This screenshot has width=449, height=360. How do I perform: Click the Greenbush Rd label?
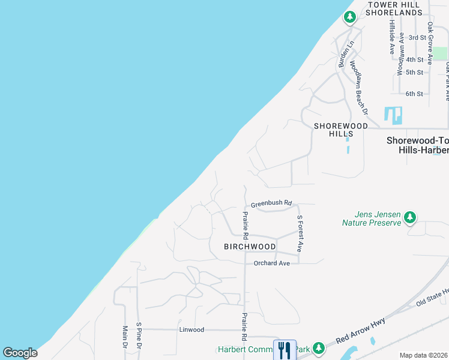(x=271, y=203)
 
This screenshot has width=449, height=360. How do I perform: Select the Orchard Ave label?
(x=271, y=263)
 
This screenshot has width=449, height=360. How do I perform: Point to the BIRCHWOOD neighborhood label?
(x=250, y=247)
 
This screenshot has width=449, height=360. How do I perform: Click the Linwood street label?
(x=191, y=329)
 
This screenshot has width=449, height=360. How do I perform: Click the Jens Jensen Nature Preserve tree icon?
(x=410, y=217)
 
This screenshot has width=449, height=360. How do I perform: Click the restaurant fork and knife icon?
(x=284, y=349)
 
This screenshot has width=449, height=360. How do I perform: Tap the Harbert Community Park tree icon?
(x=319, y=348)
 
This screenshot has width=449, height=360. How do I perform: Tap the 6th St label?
(x=414, y=94)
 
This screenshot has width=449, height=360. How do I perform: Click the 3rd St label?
(x=417, y=37)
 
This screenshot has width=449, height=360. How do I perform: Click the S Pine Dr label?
(x=139, y=337)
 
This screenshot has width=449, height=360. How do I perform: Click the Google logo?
(x=20, y=352)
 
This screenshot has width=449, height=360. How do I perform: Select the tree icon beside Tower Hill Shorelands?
(x=350, y=17)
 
